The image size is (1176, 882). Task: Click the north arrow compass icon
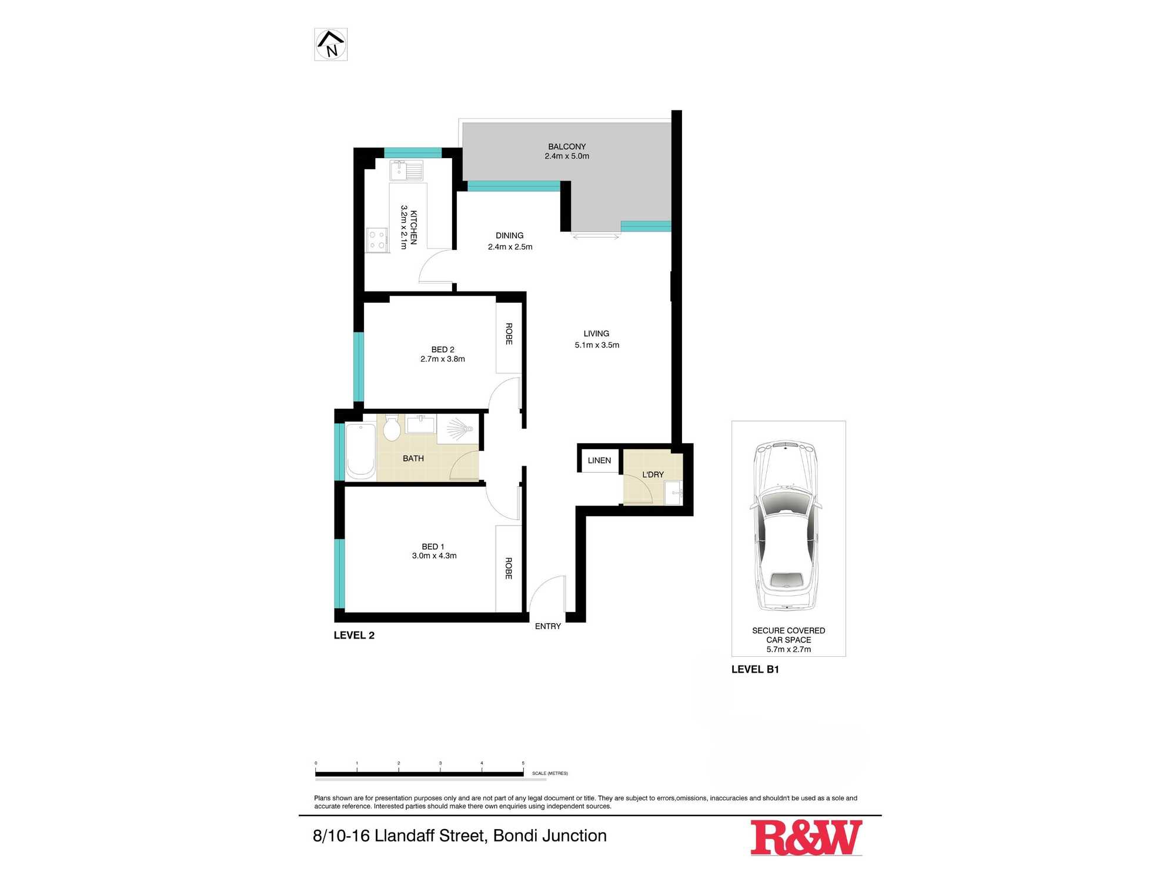click(331, 45)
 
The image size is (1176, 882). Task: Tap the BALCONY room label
click(567, 146)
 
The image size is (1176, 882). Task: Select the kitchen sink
click(406, 171)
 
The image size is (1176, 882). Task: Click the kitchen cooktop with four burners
click(377, 240)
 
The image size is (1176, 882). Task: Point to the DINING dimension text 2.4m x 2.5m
click(510, 247)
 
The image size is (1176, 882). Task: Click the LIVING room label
click(596, 333)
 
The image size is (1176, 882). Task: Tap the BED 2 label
click(443, 349)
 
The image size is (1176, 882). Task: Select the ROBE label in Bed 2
click(509, 334)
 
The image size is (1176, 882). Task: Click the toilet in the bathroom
click(392, 427)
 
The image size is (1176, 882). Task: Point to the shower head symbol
click(460, 429)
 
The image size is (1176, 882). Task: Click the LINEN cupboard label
click(599, 460)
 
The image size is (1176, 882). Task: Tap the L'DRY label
click(653, 475)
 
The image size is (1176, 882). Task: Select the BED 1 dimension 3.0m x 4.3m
click(434, 556)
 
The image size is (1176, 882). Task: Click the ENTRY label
click(547, 626)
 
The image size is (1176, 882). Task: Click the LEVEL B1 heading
click(755, 669)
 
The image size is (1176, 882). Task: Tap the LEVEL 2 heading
click(354, 635)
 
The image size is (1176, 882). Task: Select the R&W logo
click(806, 837)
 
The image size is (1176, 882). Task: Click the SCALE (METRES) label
click(550, 773)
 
